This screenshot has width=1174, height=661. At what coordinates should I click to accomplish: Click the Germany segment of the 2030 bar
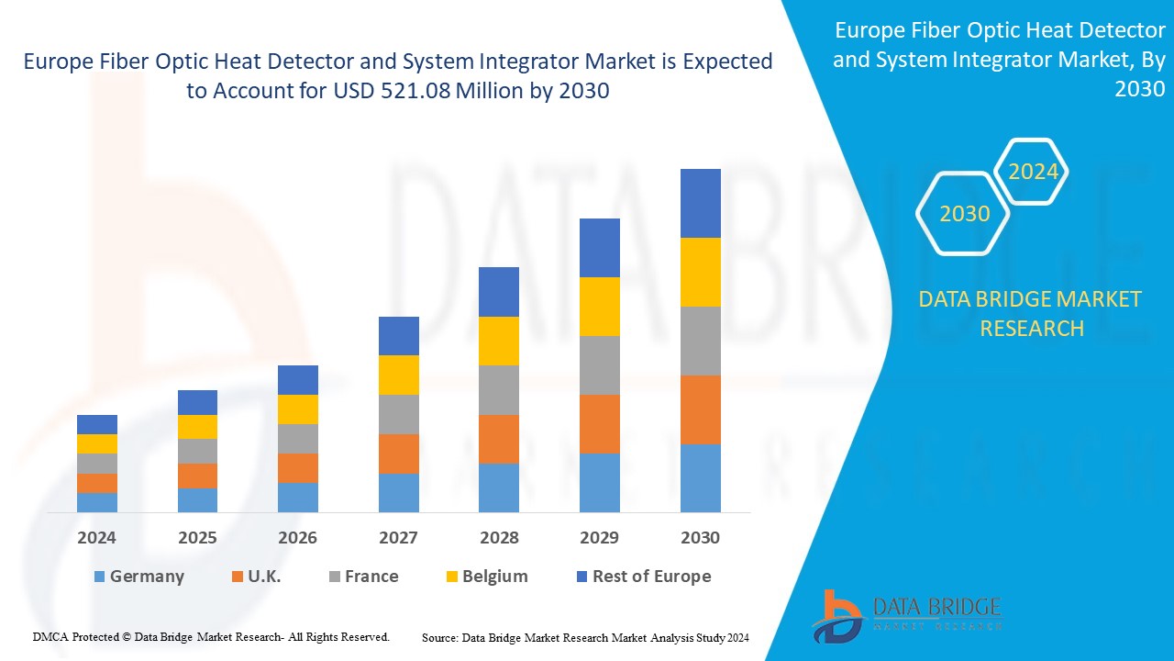[x=700, y=477]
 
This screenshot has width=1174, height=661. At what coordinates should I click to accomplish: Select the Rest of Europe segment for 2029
[x=599, y=248]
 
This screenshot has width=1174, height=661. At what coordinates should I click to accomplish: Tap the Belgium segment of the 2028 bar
[x=499, y=341]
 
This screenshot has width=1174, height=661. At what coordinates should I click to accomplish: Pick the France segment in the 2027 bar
[x=398, y=414]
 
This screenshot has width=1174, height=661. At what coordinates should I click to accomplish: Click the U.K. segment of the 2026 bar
[x=298, y=467]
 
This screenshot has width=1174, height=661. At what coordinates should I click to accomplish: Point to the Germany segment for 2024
[x=97, y=502]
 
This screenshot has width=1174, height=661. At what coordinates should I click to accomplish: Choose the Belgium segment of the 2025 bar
[x=197, y=427]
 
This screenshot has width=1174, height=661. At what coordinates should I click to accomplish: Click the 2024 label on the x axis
[x=97, y=537]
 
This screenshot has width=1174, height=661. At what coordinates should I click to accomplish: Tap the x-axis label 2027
[x=398, y=537]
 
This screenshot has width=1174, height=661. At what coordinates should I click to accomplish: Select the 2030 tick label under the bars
[x=700, y=537]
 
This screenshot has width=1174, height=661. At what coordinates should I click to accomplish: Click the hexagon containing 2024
[x=1033, y=172]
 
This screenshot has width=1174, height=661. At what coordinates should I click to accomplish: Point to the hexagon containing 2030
[x=964, y=213]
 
